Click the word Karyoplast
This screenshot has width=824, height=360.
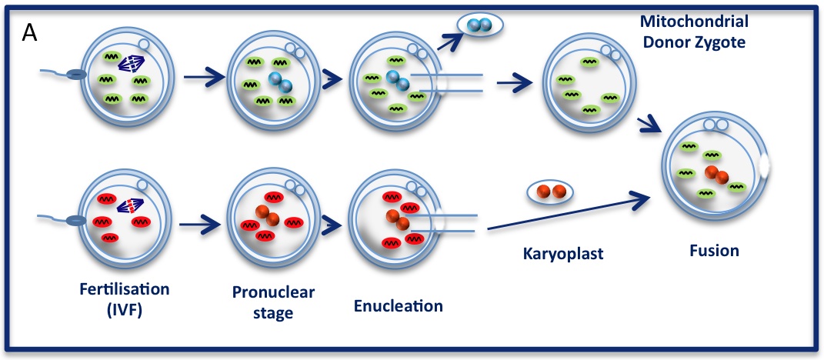click(x=550, y=250)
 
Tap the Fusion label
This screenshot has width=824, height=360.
click(x=714, y=251)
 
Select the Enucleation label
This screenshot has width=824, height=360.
click(x=399, y=305)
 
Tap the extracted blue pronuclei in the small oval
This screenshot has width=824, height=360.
click(x=479, y=25)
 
